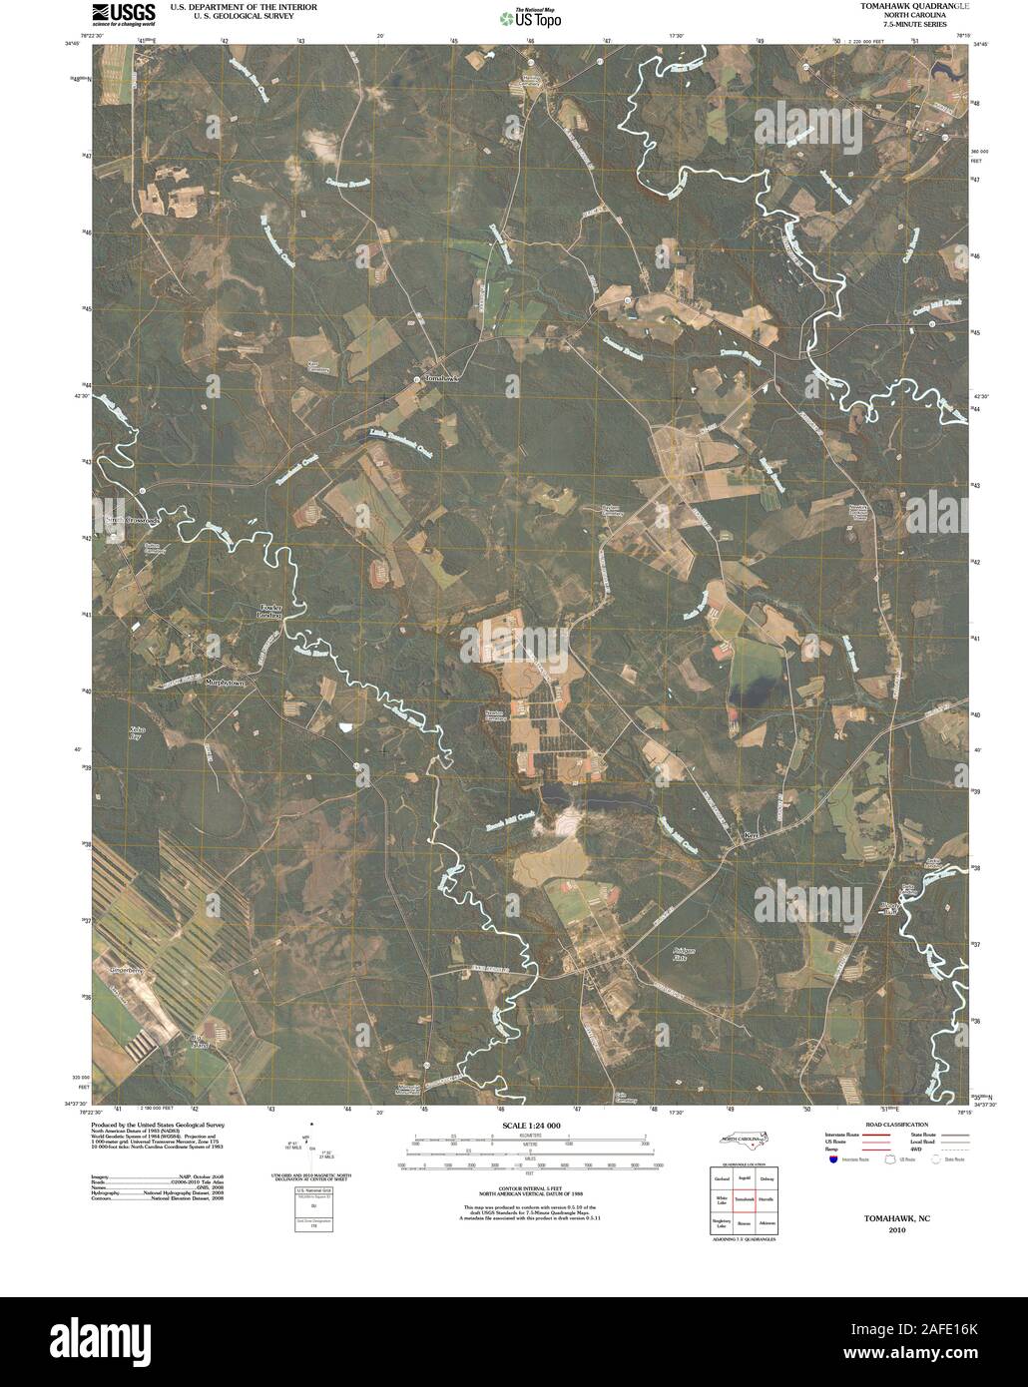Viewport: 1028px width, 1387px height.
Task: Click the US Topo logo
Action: (531, 18)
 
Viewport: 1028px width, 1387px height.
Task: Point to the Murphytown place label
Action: (226, 684)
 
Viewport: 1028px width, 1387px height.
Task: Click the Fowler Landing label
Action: (270, 612)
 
